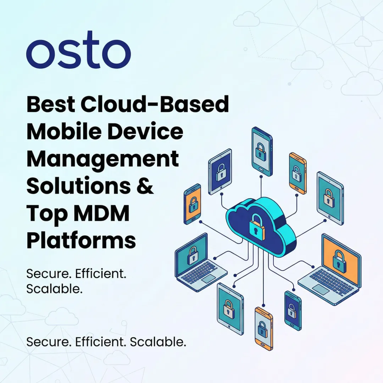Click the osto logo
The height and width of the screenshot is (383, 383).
(78, 54)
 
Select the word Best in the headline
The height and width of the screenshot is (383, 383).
(50, 105)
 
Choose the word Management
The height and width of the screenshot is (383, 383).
(102, 160)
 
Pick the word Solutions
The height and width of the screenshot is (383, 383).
(78, 186)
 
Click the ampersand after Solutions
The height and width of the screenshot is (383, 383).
(145, 186)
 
